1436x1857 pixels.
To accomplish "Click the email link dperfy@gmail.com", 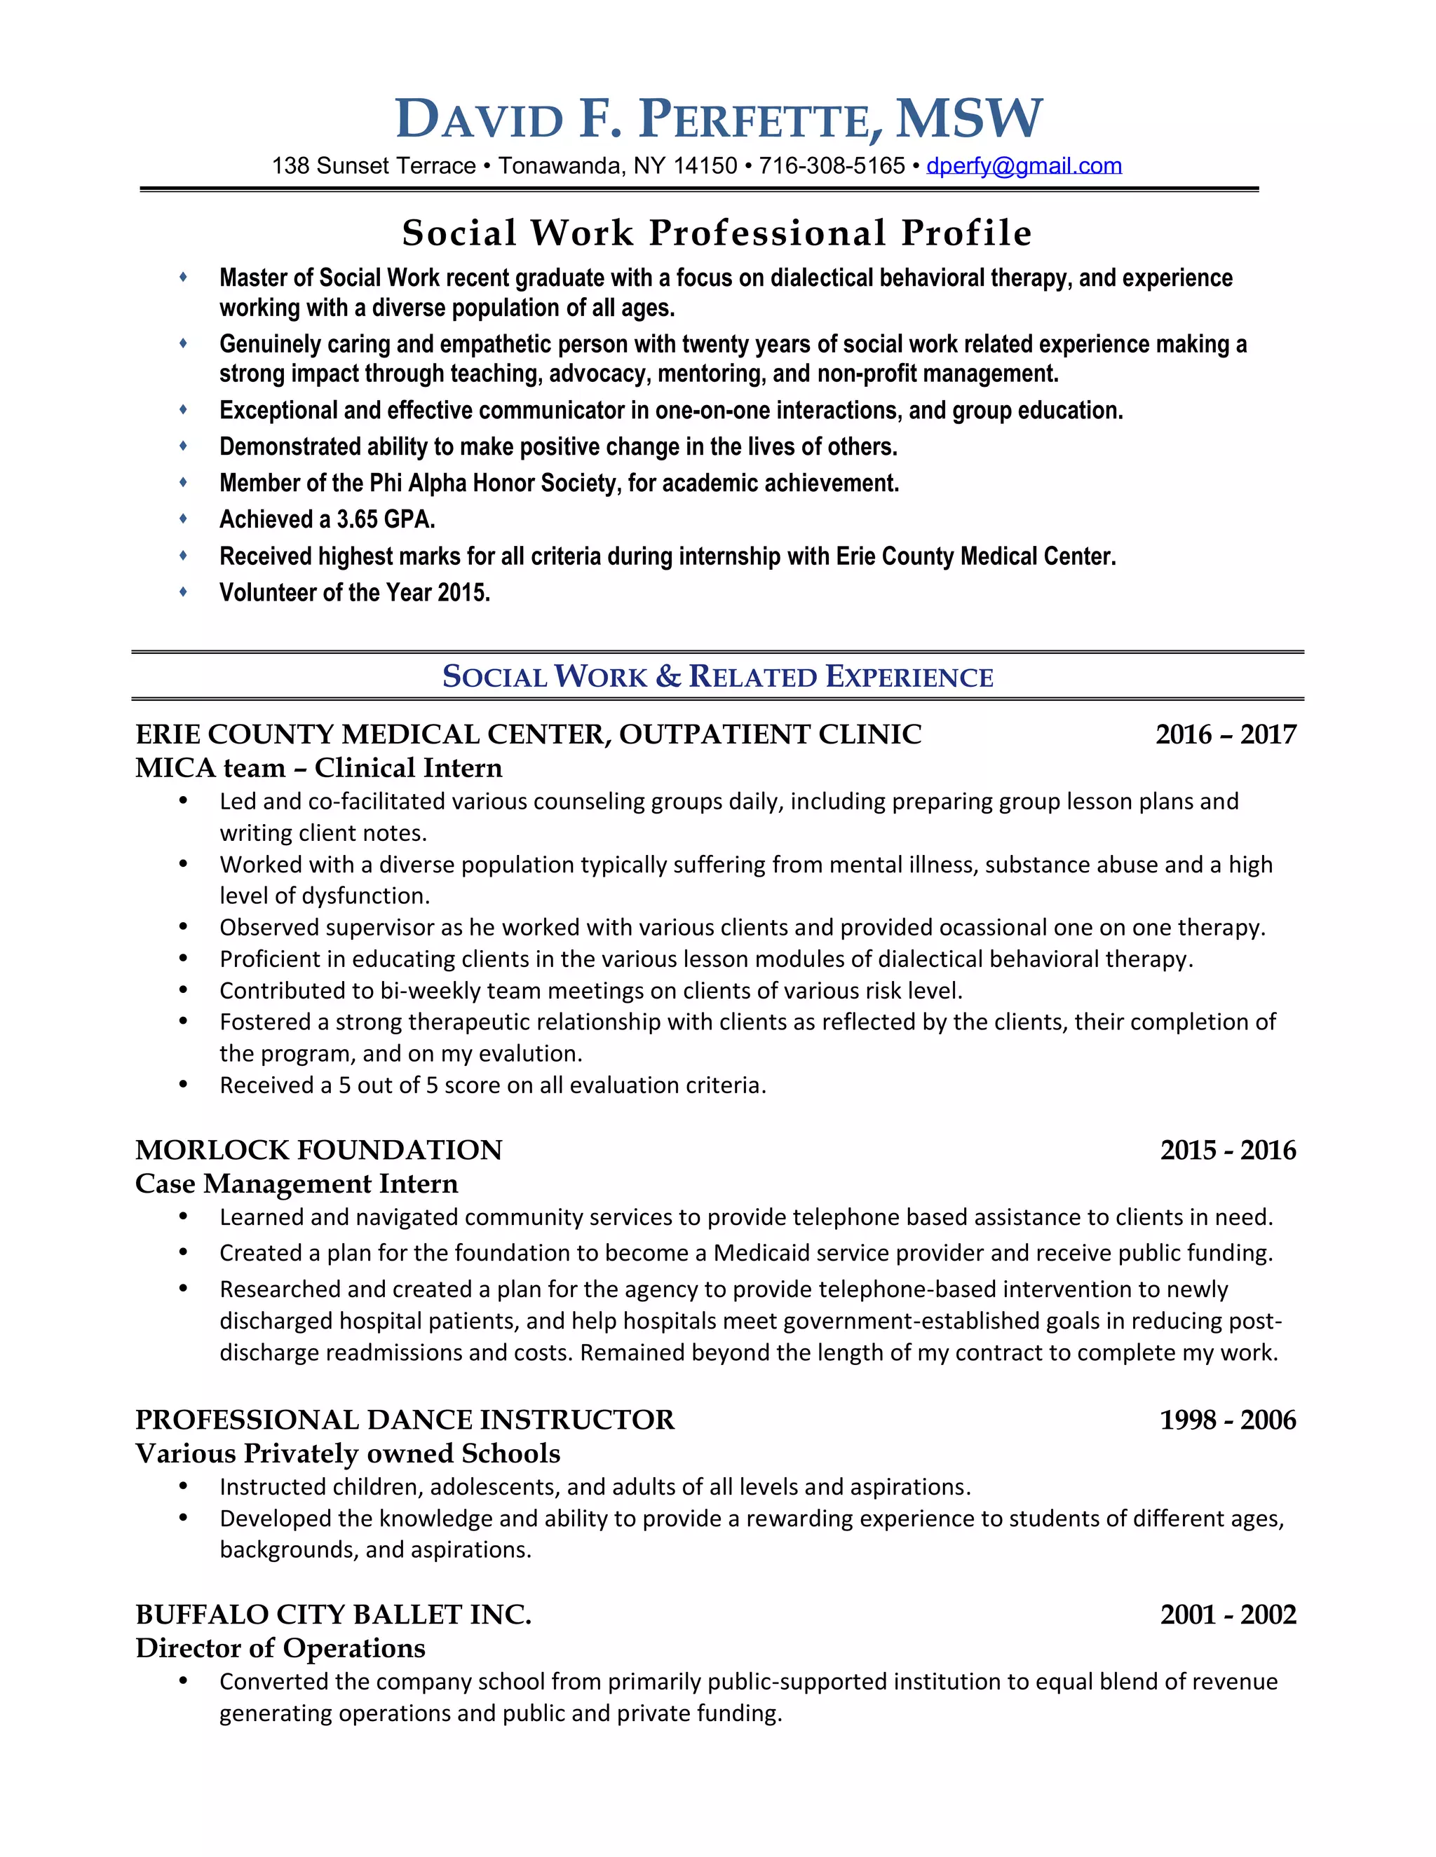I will pos(1024,166).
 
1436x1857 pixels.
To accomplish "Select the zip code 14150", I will pos(705,166).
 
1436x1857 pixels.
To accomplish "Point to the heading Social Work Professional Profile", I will pos(717,233).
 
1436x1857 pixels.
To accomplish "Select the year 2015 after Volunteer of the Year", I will pos(463,593).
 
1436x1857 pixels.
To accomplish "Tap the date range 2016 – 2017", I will pos(1225,734).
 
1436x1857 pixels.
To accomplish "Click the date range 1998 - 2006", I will pos(1228,1420).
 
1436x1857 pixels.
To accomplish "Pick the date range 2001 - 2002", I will pos(1228,1615).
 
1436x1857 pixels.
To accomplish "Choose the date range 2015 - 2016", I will pos(1228,1151).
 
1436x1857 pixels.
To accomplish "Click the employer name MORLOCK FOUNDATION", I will pos(319,1151).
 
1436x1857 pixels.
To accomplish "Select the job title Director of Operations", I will pos(280,1648).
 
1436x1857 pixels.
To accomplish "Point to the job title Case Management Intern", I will pos(296,1184).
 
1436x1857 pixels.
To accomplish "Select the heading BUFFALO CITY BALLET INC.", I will pos(334,1615).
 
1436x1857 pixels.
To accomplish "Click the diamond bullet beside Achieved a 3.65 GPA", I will pos(183,519).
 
